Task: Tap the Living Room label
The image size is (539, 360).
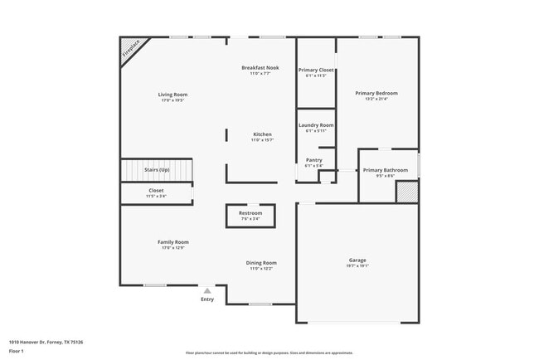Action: coord(172,95)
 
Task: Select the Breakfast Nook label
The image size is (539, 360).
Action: coord(260,67)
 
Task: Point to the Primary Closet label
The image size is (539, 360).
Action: coord(316,70)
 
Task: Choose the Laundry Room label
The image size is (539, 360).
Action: coord(316,124)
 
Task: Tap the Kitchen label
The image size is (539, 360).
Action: coord(262,134)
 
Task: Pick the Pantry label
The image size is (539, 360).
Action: coord(314,160)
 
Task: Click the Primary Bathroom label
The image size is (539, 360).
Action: coord(386,170)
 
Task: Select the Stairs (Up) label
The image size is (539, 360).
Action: coord(157,169)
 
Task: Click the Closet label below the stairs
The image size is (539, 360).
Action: coord(156,190)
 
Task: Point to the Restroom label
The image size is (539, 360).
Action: coord(250,213)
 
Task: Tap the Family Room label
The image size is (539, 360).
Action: coord(173,242)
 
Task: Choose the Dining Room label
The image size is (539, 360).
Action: coord(261,262)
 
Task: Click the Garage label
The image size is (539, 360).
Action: coord(357,260)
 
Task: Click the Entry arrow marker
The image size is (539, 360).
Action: coord(206,291)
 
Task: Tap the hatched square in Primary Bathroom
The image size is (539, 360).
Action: coord(405,192)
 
